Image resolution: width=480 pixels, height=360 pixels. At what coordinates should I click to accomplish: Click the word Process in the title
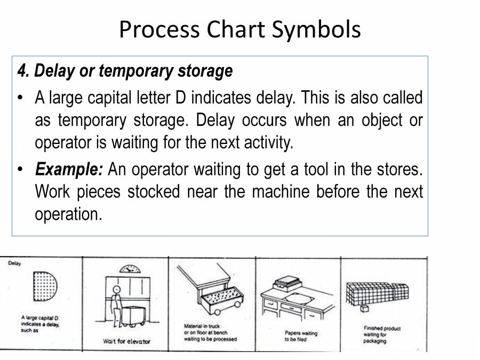158,29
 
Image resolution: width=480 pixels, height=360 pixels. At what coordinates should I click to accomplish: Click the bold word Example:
69,170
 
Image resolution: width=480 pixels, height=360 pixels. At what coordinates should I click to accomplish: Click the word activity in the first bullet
266,143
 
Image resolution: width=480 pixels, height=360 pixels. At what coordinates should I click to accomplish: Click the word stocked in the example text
154,191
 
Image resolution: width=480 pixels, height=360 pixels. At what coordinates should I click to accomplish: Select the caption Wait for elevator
126,341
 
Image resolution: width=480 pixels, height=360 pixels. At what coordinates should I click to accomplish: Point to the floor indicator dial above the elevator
130,268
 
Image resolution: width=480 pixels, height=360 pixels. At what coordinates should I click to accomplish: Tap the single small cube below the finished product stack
365,309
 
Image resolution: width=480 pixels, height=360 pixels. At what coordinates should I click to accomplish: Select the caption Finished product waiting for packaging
381,334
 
